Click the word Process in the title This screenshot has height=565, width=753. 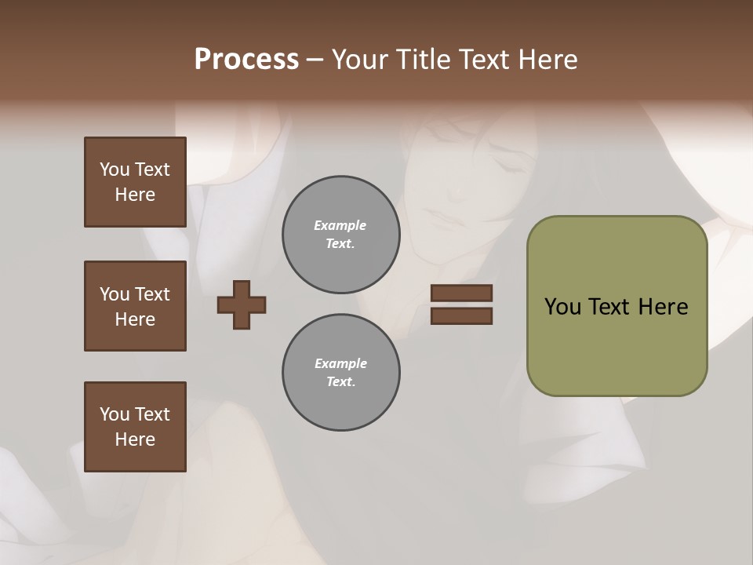(x=246, y=60)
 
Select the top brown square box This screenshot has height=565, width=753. (x=135, y=182)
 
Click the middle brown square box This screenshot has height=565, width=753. (x=135, y=306)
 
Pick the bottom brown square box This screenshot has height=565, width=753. (x=135, y=427)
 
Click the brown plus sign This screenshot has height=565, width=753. (x=242, y=305)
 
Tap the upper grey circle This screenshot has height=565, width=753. (x=340, y=235)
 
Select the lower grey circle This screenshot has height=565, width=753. (x=340, y=373)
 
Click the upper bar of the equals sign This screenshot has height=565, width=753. (x=461, y=293)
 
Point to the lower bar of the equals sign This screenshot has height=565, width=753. (x=461, y=316)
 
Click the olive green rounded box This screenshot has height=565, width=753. (x=617, y=306)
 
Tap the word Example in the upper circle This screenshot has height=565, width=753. (x=340, y=225)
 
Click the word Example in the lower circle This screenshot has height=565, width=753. (x=340, y=363)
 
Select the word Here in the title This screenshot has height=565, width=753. (x=547, y=60)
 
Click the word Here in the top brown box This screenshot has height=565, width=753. (x=135, y=195)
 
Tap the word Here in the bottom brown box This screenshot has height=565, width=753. (x=135, y=439)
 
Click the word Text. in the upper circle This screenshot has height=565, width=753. (x=340, y=244)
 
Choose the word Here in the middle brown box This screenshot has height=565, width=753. (x=135, y=319)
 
